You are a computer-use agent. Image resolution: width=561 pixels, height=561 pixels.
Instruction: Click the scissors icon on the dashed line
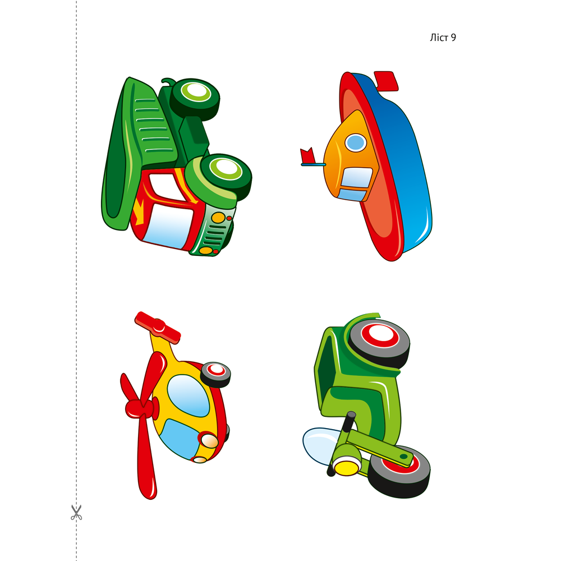point(76,512)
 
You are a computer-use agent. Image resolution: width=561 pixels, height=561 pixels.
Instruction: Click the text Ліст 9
point(443,38)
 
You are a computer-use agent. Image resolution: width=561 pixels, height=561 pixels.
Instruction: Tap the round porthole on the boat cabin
point(356,142)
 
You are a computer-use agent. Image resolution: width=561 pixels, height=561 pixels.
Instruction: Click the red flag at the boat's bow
point(307,155)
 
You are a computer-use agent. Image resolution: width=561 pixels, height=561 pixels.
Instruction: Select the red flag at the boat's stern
point(386,81)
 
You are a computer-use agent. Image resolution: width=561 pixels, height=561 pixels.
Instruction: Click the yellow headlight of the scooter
point(346,467)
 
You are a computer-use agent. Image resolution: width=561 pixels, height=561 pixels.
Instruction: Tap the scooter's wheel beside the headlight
point(399,472)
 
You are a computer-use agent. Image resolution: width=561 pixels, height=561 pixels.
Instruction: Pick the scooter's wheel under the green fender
point(379,343)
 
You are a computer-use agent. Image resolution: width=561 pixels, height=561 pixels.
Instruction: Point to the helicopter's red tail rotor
point(158,328)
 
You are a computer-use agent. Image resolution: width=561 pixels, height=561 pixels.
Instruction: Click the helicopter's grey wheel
point(215,374)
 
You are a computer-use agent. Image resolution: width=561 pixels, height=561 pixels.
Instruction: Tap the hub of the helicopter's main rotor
point(142,408)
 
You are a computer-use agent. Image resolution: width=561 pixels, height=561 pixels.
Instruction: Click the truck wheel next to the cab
point(226,176)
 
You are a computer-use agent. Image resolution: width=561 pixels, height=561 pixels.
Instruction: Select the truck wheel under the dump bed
point(195,98)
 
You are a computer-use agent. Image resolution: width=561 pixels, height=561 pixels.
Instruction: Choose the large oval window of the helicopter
point(188,396)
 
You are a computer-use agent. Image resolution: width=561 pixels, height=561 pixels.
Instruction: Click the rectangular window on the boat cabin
point(356,177)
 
